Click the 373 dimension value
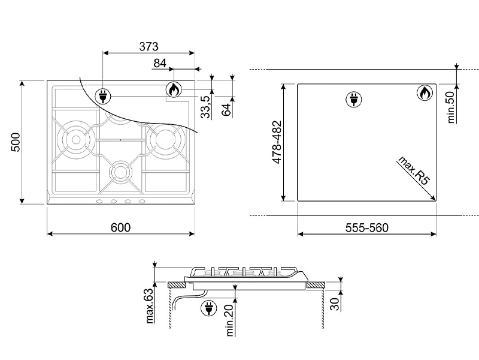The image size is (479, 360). pos(149,46)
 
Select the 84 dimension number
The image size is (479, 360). pos(160,63)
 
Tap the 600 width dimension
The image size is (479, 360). pos(120,227)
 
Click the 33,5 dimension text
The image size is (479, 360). pos(205,107)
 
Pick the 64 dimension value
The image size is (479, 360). pos(226,110)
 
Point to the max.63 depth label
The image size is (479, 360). pos(150,305)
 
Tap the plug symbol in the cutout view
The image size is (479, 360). pos(353,99)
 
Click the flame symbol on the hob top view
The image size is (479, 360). pos(174,90)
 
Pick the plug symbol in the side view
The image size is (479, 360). pos(210,307)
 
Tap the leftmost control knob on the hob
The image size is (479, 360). pos(100,201)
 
